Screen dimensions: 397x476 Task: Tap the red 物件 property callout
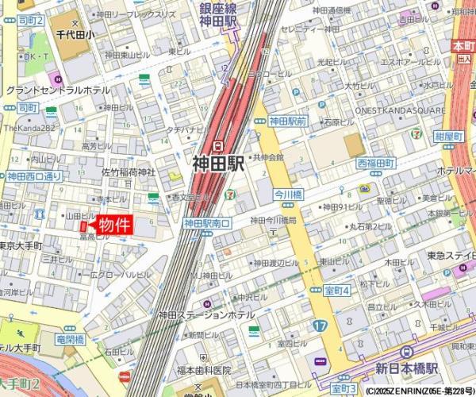pos(114,225)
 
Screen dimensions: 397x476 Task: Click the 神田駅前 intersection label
pos(287,121)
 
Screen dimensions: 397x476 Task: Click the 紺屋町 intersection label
pos(449,137)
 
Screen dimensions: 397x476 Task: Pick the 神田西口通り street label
pos(34,176)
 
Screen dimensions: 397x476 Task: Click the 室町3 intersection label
pos(343,388)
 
